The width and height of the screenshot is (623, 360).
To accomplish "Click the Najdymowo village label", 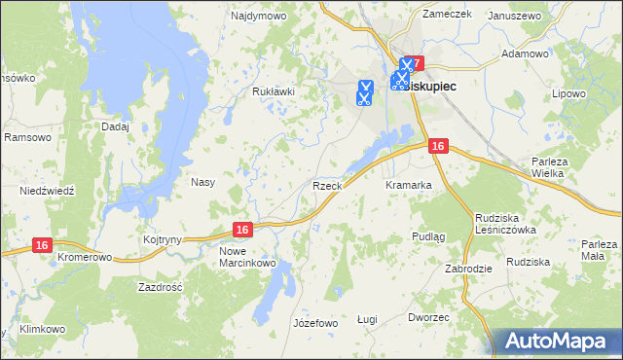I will [254, 17].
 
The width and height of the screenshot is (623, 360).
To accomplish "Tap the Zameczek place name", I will [447, 15].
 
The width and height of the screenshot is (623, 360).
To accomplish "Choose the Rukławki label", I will [273, 91].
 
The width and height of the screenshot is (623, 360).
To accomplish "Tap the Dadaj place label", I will [115, 126].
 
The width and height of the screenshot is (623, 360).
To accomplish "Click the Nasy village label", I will [202, 182].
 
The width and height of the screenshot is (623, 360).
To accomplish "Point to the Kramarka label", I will [408, 185].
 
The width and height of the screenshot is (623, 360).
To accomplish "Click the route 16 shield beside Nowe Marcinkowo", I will [243, 230].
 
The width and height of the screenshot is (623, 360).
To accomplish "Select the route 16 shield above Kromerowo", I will [41, 246].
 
